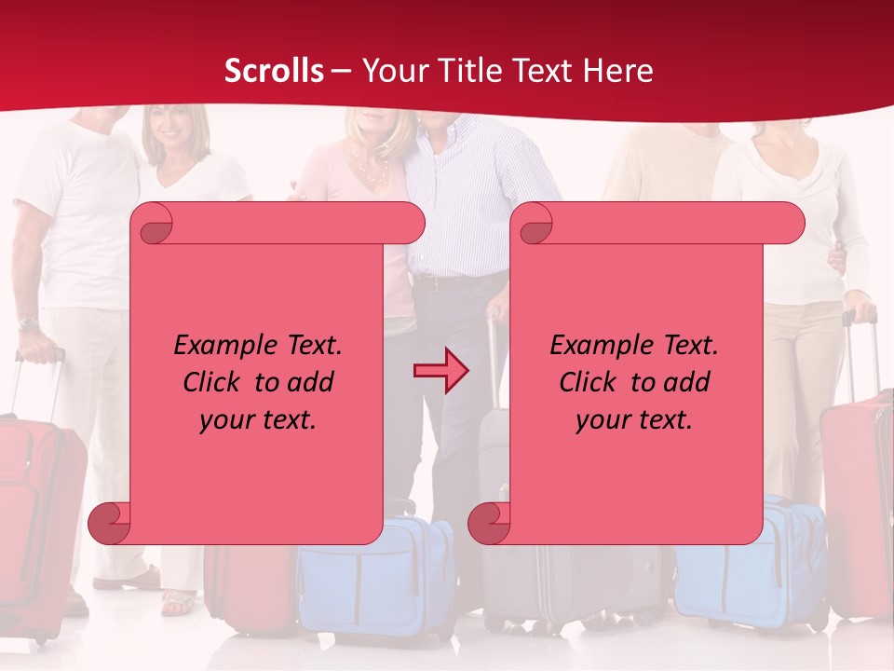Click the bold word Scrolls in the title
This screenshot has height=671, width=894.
[x=274, y=71]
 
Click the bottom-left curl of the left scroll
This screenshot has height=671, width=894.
[x=109, y=523]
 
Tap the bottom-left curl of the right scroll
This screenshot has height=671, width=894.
[x=489, y=523]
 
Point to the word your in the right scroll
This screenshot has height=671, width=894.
[x=602, y=419]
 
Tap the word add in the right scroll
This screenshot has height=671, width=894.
[x=686, y=382]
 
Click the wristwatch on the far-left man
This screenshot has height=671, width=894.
[x=28, y=324]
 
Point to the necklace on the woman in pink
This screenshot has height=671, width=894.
[x=371, y=169]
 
